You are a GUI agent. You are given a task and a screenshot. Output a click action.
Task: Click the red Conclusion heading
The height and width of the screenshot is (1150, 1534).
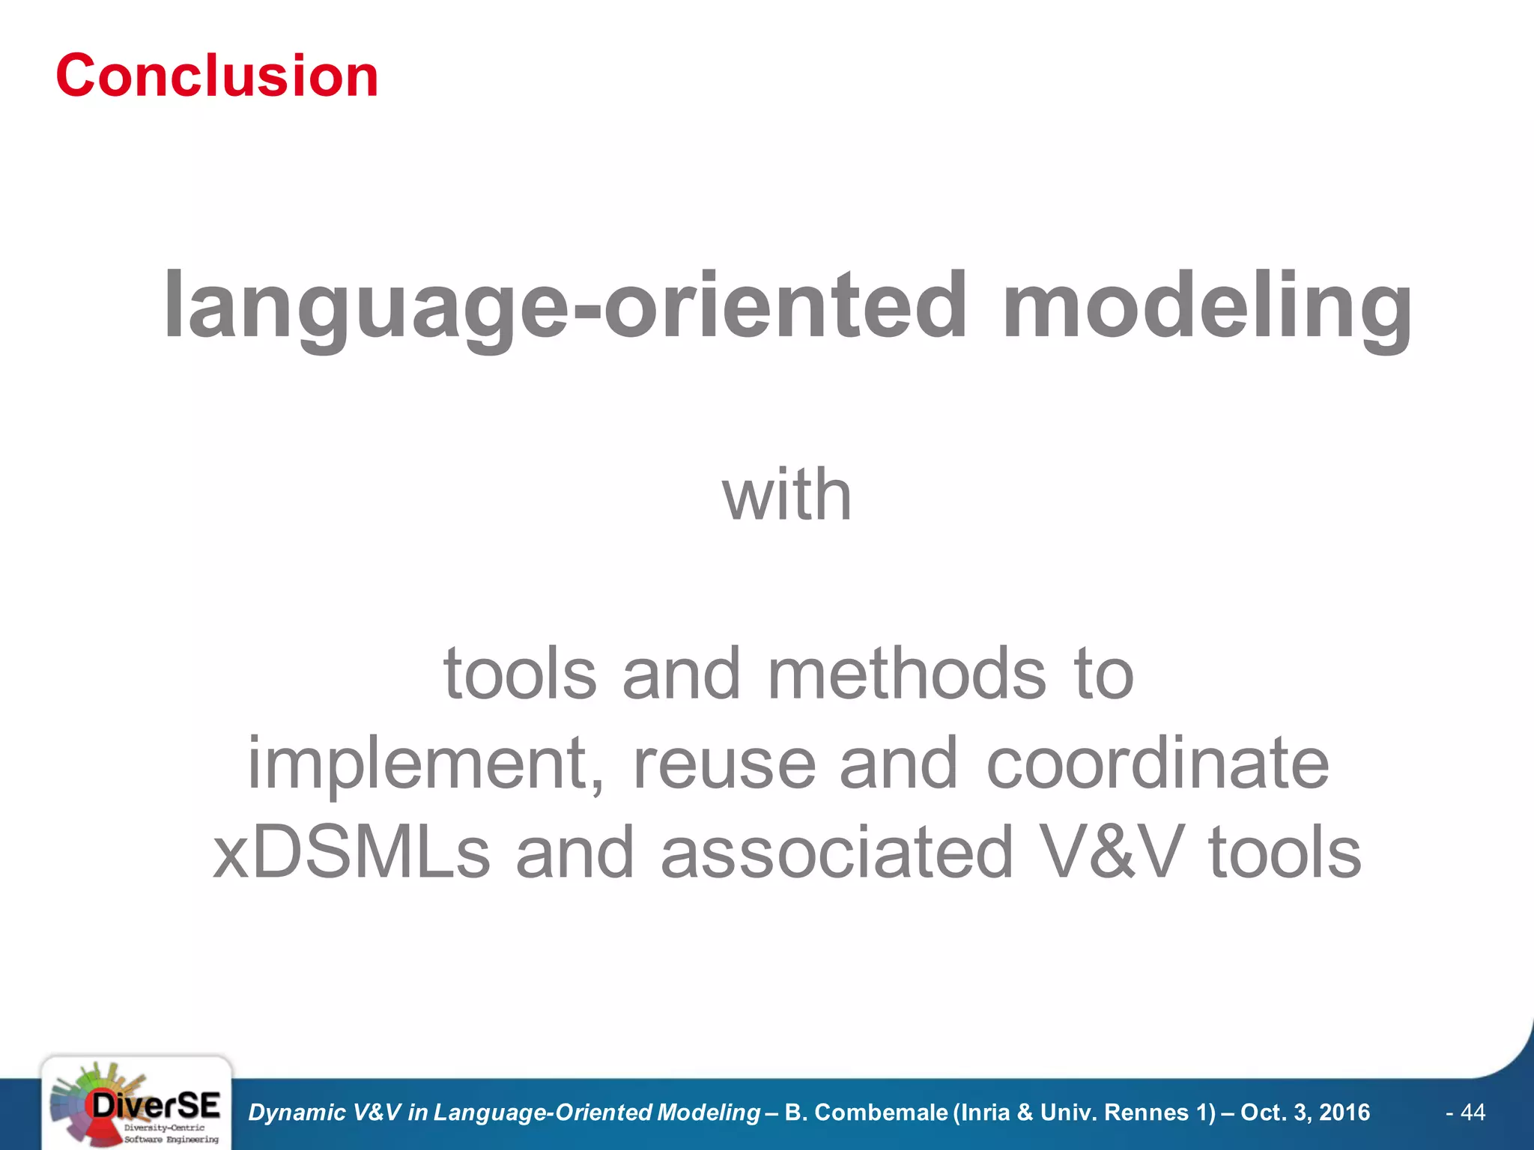217,76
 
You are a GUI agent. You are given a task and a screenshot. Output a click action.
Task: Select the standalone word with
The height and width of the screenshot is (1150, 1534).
786,496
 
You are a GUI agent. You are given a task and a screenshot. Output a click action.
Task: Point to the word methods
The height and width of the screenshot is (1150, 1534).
906,674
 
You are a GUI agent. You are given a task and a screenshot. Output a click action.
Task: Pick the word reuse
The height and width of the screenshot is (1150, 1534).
724,764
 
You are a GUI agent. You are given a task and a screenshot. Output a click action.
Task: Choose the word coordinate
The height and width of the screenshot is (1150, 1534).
1157,764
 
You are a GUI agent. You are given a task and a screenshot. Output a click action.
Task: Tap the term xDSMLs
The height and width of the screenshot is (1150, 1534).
352,854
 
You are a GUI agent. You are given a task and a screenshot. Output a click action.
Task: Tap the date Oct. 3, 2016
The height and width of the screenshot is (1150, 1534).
1305,1113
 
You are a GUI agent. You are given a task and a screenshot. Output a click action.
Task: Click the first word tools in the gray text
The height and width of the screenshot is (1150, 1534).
520,674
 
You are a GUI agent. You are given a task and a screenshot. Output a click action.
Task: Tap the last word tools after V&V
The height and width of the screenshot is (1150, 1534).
1285,854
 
